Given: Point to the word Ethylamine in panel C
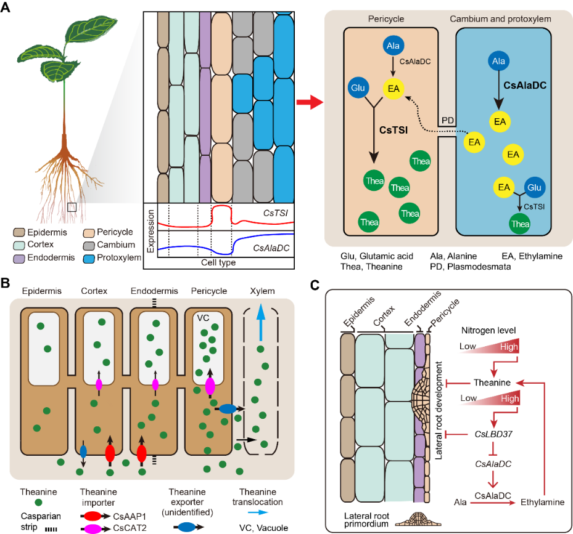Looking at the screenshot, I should click(542, 502).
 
